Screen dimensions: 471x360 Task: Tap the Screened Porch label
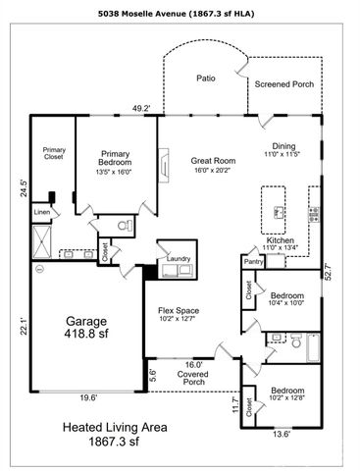click(284, 84)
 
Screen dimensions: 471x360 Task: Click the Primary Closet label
click(53, 153)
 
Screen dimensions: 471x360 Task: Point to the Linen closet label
click(41, 211)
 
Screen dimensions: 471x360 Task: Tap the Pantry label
click(253, 262)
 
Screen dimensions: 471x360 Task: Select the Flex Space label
click(180, 311)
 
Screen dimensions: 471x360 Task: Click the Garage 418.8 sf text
click(85, 326)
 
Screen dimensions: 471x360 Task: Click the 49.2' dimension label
click(141, 108)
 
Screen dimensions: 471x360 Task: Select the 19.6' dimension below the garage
click(85, 397)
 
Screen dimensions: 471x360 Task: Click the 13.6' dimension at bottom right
click(281, 433)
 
